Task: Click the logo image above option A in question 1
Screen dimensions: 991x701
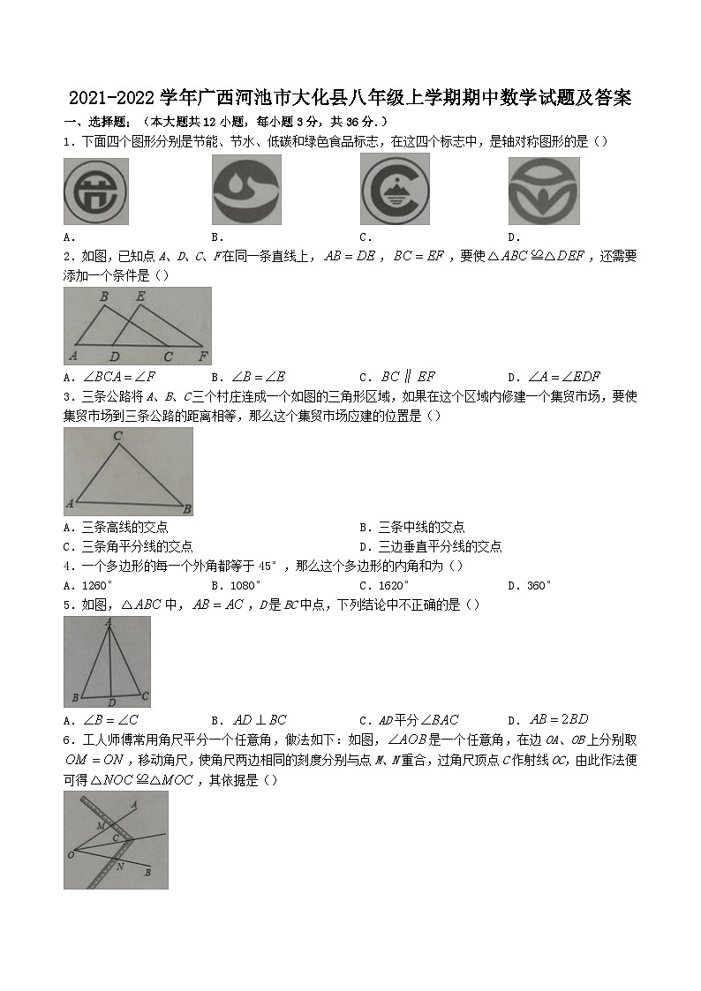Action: click(x=96, y=191)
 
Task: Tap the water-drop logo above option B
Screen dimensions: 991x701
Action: click(x=246, y=189)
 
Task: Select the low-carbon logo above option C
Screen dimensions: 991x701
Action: click(x=394, y=189)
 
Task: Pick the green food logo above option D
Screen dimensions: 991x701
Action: click(x=543, y=191)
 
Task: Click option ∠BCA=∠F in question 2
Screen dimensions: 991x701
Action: click(x=112, y=377)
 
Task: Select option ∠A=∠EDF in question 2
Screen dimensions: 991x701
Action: click(x=554, y=377)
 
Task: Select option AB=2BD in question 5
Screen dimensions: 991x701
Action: click(x=551, y=720)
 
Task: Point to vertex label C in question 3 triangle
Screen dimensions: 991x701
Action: click(x=117, y=436)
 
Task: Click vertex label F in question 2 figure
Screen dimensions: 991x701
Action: click(x=203, y=357)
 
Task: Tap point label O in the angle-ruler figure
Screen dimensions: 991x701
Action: click(x=70, y=854)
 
